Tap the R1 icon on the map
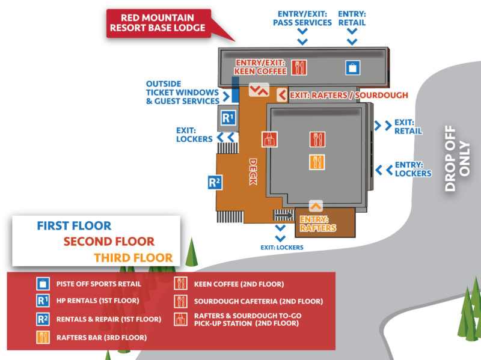[x=227, y=118]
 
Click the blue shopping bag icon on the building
[x=353, y=67]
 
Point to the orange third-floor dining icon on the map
[x=317, y=162]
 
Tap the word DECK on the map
[x=253, y=172]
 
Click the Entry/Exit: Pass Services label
[x=302, y=18]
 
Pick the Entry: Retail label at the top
[x=352, y=18]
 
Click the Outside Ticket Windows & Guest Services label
[x=183, y=93]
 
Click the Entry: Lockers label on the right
[x=412, y=169]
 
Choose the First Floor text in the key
[x=74, y=226]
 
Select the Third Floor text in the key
[x=133, y=258]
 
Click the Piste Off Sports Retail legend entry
[x=99, y=284]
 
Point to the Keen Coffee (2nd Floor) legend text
[x=239, y=284]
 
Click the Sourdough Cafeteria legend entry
[x=258, y=301]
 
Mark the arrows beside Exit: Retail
[x=381, y=126]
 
